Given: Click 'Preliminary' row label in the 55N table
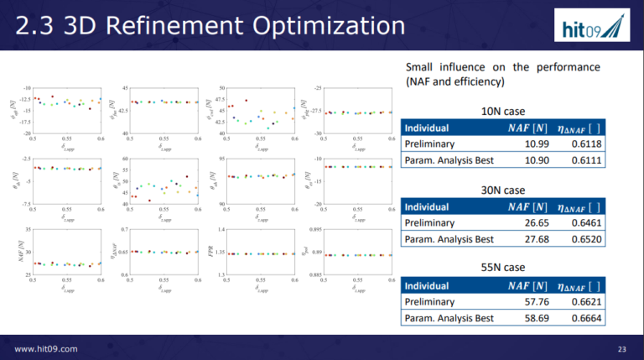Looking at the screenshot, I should click(x=430, y=301).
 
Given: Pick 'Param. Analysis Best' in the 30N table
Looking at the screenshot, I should click(x=449, y=238).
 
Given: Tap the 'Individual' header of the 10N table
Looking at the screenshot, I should click(x=427, y=128).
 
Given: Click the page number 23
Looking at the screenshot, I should click(x=621, y=347).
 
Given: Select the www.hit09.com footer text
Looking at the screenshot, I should click(x=46, y=347).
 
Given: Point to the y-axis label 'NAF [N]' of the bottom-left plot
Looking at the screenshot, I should click(x=18, y=252).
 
